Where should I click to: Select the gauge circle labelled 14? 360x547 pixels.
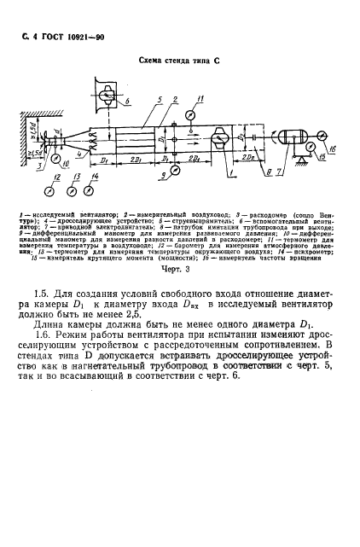point(94,191)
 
